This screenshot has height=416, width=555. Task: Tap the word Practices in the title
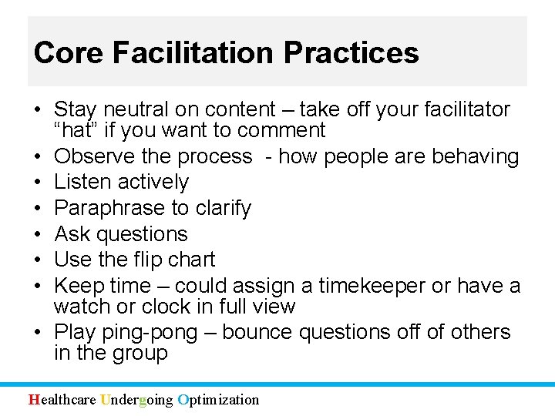click(351, 52)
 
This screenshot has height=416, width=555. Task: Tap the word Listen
click(83, 183)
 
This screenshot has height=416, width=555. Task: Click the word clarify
click(222, 209)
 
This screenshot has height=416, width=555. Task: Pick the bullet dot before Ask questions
click(37, 234)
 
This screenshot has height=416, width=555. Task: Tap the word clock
click(163, 307)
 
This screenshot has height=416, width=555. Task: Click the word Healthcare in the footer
click(62, 399)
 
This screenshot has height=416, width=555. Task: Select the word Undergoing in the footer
click(137, 399)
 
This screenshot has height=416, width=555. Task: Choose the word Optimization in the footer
click(218, 399)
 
